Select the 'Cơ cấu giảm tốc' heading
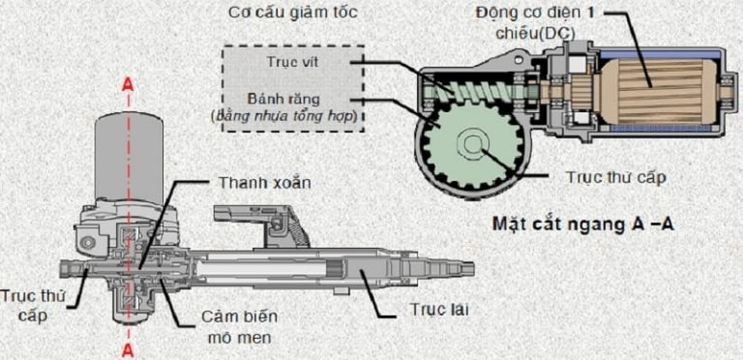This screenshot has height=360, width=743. pos(293,13)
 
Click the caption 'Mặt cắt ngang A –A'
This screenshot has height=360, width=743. pos(582,224)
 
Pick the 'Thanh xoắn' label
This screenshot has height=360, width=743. pos(264,183)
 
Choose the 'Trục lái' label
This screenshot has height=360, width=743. pos(439,311)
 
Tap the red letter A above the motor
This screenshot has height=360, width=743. pos(128,84)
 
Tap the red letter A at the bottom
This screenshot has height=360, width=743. pos(128,350)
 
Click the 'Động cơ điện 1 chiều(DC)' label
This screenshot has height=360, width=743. pos(534,22)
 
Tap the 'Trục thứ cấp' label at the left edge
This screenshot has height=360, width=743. pos(32,307)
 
